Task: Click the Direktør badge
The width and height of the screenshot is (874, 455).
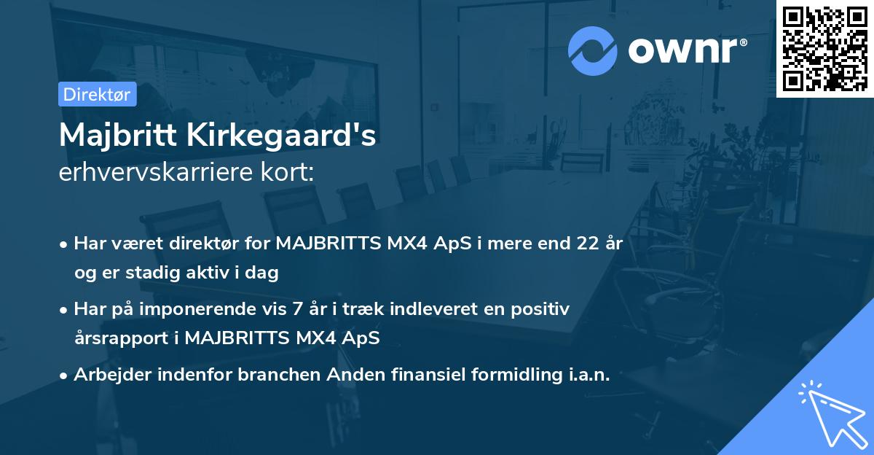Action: pos(97,94)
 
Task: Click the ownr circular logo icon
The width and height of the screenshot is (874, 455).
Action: pos(593,50)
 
